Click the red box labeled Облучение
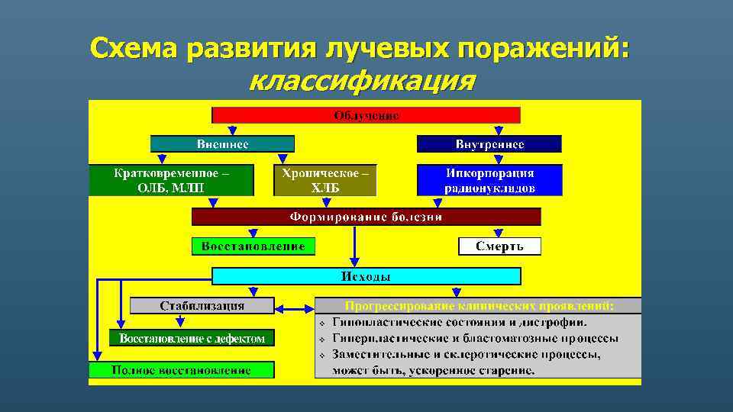click(366, 115)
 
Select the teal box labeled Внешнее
click(222, 143)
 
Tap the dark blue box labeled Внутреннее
click(489, 143)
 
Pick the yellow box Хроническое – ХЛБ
click(325, 181)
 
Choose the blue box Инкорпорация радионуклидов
click(489, 181)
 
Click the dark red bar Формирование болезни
click(366, 217)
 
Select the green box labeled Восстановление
click(253, 246)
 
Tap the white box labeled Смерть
click(499, 246)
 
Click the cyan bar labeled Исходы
click(366, 276)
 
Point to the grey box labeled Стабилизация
click(202, 306)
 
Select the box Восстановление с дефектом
click(192, 338)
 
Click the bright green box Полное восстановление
click(181, 370)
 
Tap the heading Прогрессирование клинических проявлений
click(479, 306)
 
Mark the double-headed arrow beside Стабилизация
click(294, 309)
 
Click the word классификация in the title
click(363, 80)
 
